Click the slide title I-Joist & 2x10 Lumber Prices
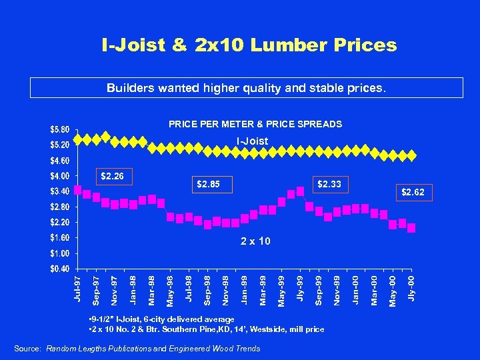click(x=249, y=45)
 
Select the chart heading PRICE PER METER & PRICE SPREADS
click(x=255, y=124)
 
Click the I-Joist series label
click(x=253, y=141)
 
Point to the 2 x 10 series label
click(x=255, y=241)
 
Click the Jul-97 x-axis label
click(x=78, y=287)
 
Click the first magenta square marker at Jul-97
click(x=78, y=190)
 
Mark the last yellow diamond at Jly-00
click(x=413, y=155)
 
